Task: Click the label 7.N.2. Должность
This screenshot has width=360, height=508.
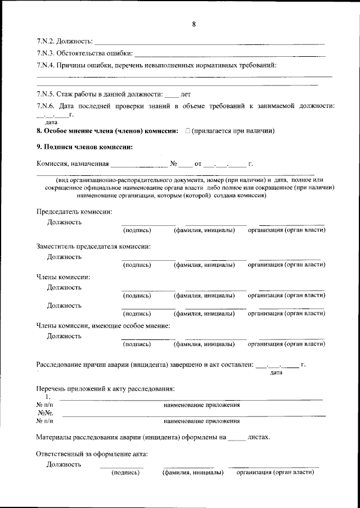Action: click(x=64, y=42)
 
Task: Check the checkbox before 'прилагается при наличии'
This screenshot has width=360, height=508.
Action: click(x=187, y=131)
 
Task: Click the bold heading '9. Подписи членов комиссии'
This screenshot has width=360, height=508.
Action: click(x=84, y=147)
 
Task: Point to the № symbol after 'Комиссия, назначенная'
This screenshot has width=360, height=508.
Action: click(x=174, y=164)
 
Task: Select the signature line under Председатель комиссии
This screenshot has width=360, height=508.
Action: click(x=148, y=224)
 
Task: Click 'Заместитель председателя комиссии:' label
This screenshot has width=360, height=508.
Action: click(x=93, y=246)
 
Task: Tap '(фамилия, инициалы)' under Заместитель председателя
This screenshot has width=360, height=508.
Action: click(x=204, y=264)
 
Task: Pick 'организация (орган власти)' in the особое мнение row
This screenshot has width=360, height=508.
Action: click(x=287, y=343)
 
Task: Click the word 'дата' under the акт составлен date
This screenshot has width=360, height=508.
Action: click(x=276, y=372)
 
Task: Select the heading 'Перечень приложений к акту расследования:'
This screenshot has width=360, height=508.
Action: click(x=106, y=389)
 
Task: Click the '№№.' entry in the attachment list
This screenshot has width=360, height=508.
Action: click(x=45, y=412)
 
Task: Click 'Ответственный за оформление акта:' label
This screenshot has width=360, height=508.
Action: click(x=92, y=453)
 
